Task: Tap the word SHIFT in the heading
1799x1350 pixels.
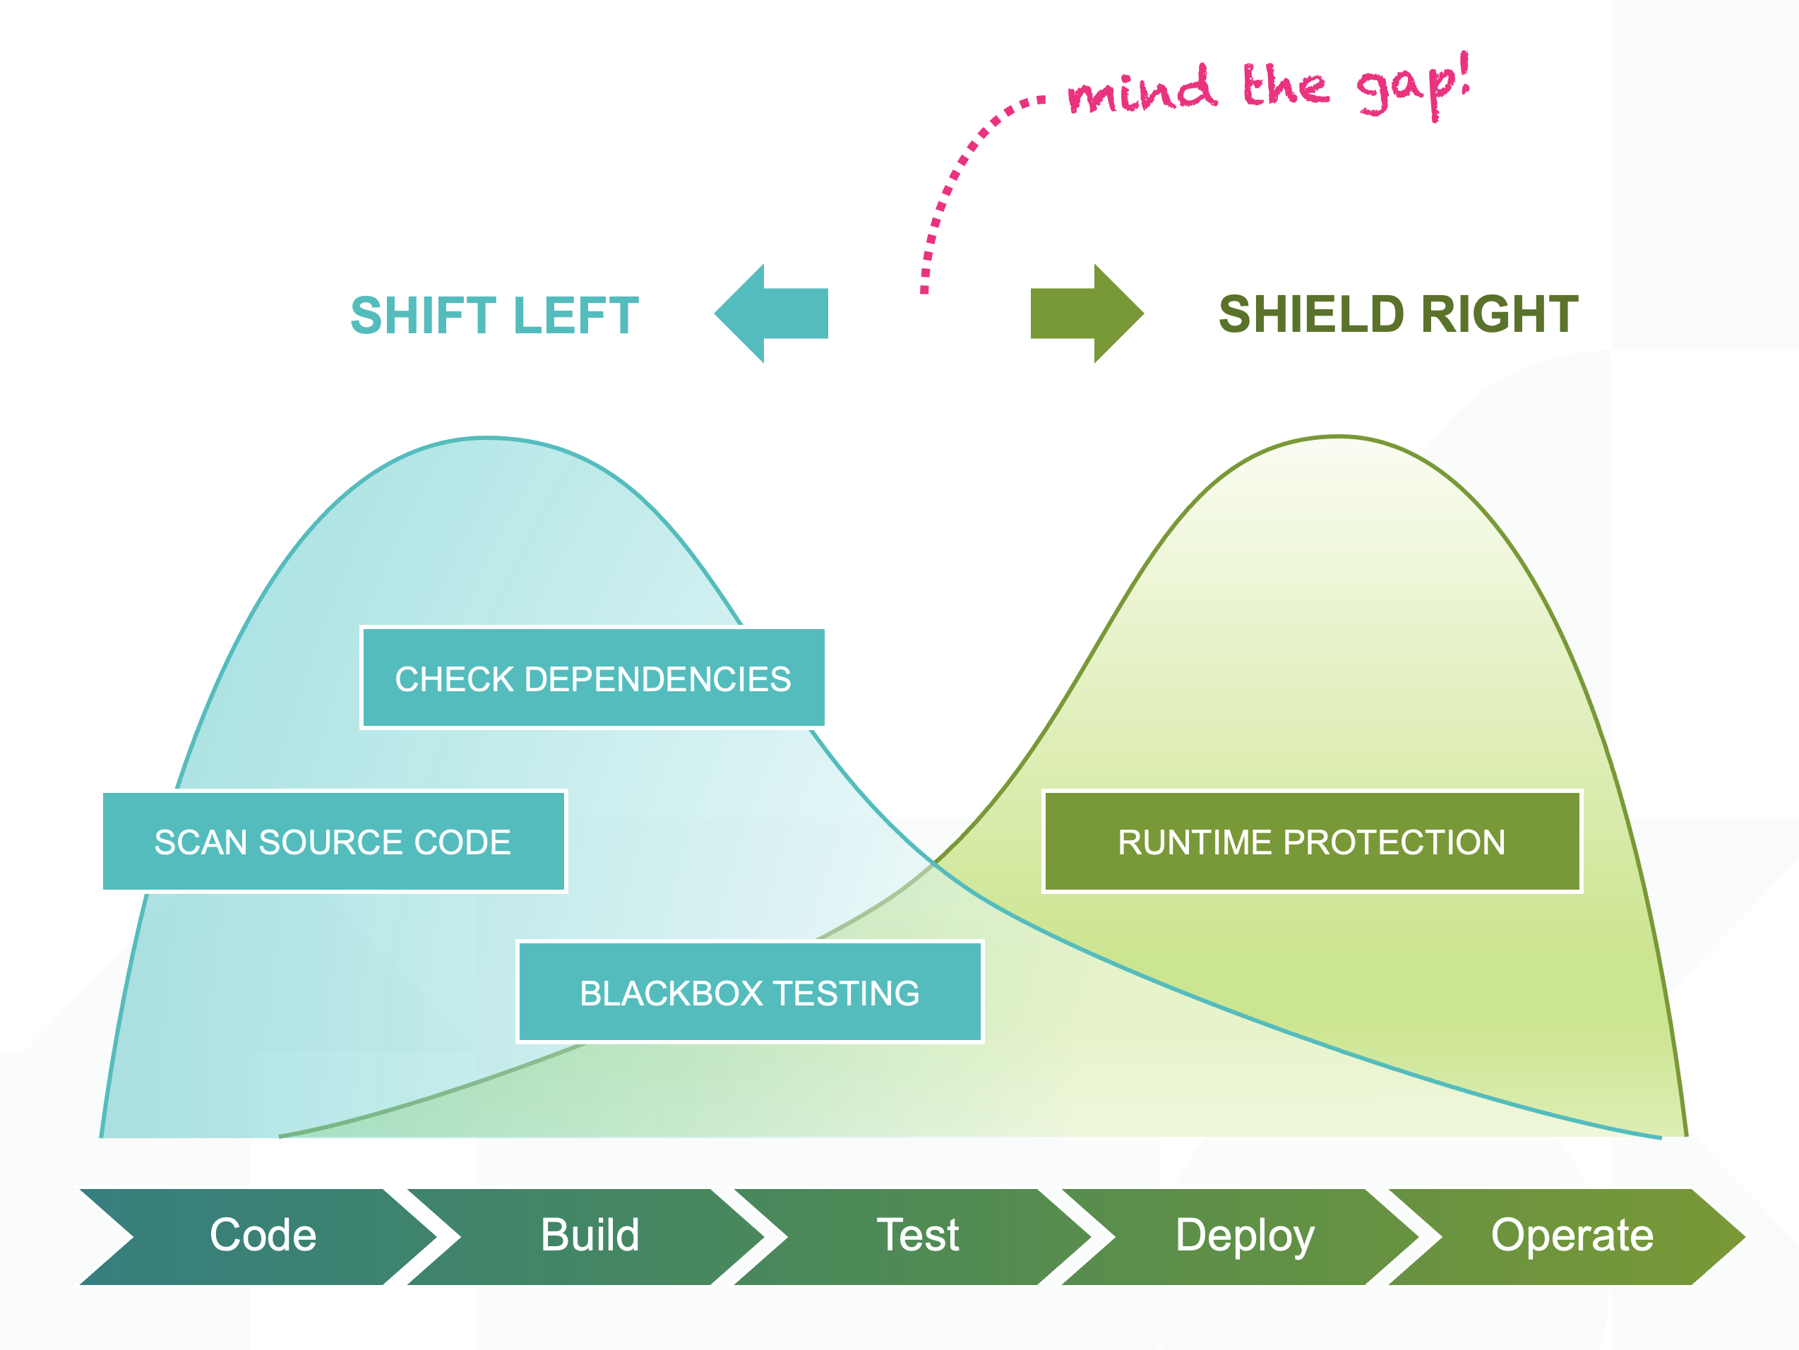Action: [x=423, y=316]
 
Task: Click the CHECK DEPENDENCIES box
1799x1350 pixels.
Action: [x=593, y=679]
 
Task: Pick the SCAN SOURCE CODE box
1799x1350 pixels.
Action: [x=333, y=842]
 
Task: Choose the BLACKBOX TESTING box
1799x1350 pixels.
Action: [x=749, y=992]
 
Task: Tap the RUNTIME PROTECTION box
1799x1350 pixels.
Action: [x=1311, y=842]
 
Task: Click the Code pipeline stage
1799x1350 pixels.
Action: [x=262, y=1236]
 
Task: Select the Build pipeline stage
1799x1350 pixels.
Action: [x=590, y=1236]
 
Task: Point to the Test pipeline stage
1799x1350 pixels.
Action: [x=917, y=1236]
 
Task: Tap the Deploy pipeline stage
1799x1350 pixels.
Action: [x=1244, y=1236]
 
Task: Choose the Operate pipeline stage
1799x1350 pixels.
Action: [x=1571, y=1236]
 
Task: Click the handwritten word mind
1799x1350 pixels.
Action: [x=1142, y=90]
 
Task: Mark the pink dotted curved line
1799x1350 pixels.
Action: [x=948, y=187]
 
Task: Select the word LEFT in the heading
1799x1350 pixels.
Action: [x=576, y=316]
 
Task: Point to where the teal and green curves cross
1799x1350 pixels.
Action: [x=936, y=864]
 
